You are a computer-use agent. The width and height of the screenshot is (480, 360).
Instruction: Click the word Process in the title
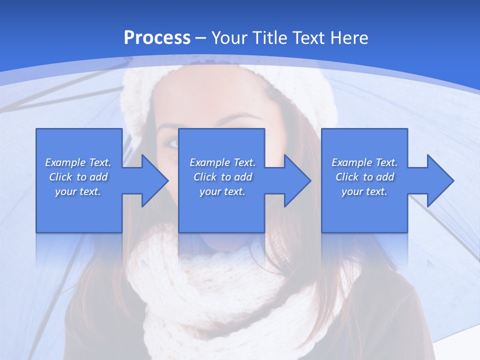coord(157,37)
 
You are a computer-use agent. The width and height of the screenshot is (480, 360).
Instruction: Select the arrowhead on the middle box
coord(296,180)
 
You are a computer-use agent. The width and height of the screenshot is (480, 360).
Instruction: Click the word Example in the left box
coord(65,162)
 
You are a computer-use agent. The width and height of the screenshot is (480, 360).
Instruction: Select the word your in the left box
coord(65,191)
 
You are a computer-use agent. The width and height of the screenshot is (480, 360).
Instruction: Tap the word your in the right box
coord(352,191)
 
